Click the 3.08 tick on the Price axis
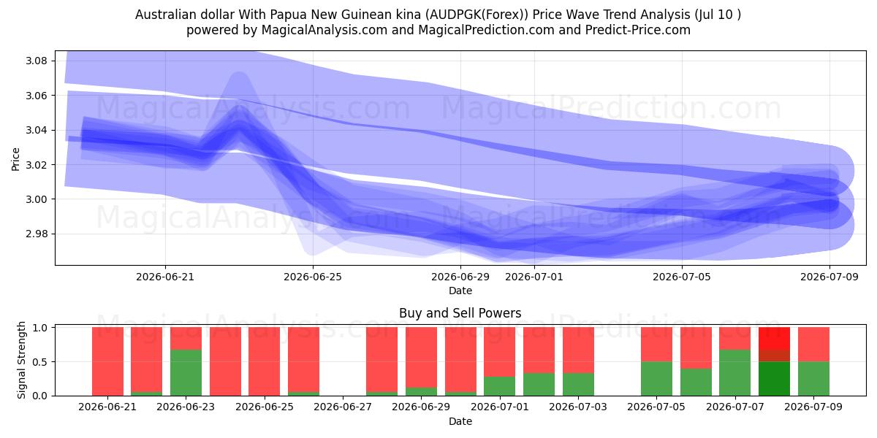point(36,61)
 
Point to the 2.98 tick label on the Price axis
point(36,234)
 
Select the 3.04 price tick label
point(36,130)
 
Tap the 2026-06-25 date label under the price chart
point(313,277)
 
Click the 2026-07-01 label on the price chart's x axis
point(534,277)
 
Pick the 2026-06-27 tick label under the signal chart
point(343,407)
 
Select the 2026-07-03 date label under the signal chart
point(578,407)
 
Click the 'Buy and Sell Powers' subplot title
point(460,313)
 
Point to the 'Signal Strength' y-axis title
point(21,360)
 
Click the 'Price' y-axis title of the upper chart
point(15,160)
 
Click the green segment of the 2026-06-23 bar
point(186,373)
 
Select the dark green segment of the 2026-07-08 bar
point(774,379)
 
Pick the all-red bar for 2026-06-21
point(107,361)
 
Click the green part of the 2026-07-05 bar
point(656,379)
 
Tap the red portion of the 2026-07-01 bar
point(500,352)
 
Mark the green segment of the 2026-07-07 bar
point(735,373)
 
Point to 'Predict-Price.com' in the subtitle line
point(638,30)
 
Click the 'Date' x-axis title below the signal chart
point(460,422)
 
